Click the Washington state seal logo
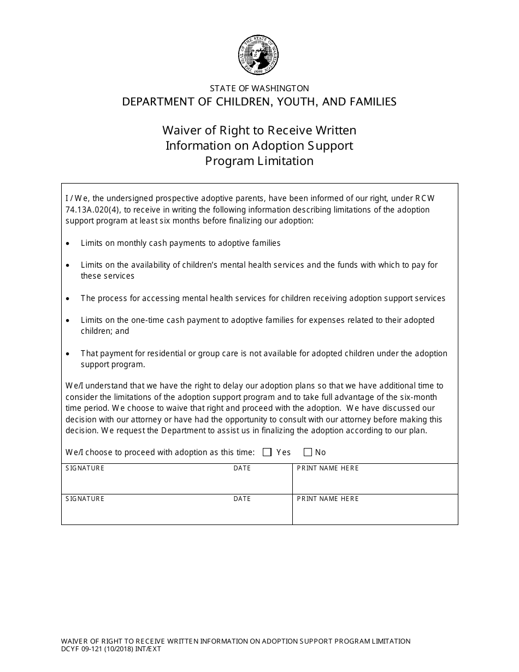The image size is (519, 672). point(259,56)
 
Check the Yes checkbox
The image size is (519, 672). point(267,452)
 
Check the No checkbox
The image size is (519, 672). point(308,452)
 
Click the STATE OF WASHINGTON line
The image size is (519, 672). point(259,88)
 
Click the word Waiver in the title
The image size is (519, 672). point(180,131)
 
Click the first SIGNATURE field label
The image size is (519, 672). point(85,468)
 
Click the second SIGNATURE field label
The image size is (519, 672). point(85,499)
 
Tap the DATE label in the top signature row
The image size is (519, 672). point(242,468)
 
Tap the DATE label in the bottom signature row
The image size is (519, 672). point(242,499)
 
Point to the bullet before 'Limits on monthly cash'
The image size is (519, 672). point(67,243)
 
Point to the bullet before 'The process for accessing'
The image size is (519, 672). point(67,299)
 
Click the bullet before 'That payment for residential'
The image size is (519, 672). point(67,354)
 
